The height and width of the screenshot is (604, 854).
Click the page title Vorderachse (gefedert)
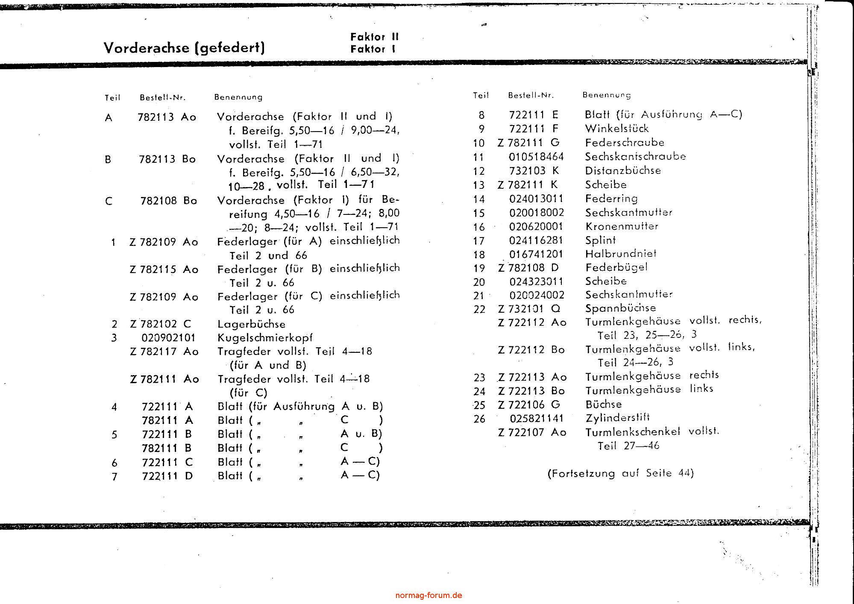tap(184, 47)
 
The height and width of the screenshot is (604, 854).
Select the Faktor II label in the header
tap(374, 37)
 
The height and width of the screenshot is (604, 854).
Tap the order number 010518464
tap(536, 157)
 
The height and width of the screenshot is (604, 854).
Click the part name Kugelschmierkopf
tap(265, 338)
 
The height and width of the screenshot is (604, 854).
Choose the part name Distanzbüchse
tap(623, 170)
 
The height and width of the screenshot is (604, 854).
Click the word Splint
tap(600, 240)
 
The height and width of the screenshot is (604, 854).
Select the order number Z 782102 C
tap(161, 324)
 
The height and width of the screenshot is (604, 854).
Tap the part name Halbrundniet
tap(620, 254)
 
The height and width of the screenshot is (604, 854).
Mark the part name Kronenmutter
tap(622, 226)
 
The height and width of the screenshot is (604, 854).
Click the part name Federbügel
tap(616, 268)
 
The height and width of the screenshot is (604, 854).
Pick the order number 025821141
tap(537, 419)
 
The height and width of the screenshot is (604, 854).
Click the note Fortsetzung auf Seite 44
tap(620, 473)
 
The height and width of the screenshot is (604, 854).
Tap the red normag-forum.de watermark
tap(428, 595)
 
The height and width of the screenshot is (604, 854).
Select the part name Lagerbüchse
tap(251, 324)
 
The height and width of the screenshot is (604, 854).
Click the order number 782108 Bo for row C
tap(168, 201)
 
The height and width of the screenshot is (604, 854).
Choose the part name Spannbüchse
tap(620, 308)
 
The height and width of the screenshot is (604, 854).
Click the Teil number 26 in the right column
tap(479, 419)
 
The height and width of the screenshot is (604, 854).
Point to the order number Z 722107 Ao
tap(532, 432)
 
